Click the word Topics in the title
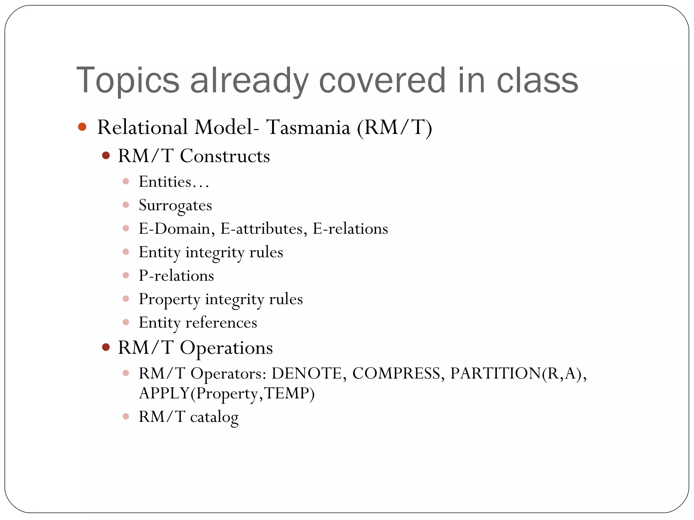pyautogui.click(x=128, y=81)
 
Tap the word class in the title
pyautogui.click(x=537, y=81)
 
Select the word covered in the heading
pyautogui.click(x=382, y=81)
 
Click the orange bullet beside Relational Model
pyautogui.click(x=82, y=127)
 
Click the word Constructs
pyautogui.click(x=225, y=156)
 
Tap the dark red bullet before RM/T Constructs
pyautogui.click(x=106, y=156)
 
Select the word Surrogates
pyautogui.click(x=175, y=205)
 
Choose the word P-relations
pyautogui.click(x=176, y=276)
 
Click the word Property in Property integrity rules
pyautogui.click(x=169, y=299)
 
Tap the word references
pyautogui.click(x=221, y=323)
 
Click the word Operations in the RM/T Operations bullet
pyautogui.click(x=226, y=348)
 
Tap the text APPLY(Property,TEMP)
pyautogui.click(x=227, y=393)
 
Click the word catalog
pyautogui.click(x=214, y=417)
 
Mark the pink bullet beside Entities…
pyautogui.click(x=126, y=181)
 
